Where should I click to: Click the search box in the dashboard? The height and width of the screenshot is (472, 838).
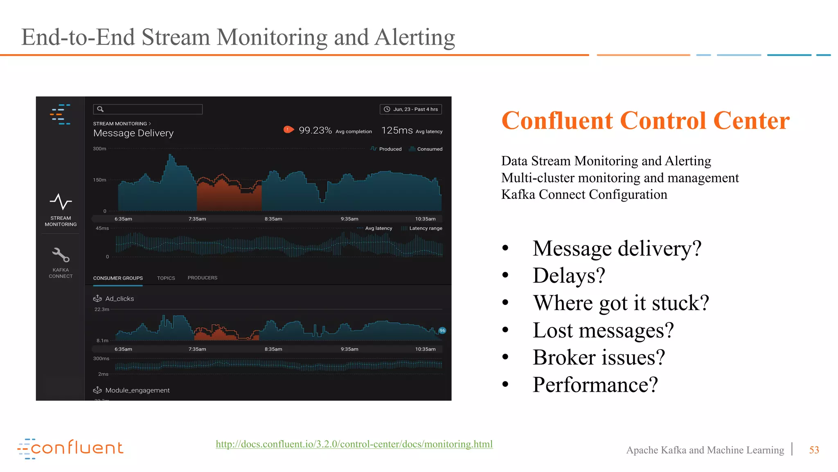click(x=148, y=109)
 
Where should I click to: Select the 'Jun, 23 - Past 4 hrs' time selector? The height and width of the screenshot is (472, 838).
click(x=411, y=109)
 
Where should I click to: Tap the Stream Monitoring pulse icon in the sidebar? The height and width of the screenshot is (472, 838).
click(x=61, y=202)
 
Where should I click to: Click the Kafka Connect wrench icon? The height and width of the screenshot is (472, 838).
click(x=61, y=255)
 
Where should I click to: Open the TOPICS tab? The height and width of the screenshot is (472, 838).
click(x=166, y=278)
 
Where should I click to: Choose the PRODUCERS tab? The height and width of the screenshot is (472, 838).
click(x=202, y=278)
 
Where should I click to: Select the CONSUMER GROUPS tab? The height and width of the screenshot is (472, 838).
click(x=118, y=278)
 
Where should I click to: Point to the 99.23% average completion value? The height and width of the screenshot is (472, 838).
click(x=315, y=130)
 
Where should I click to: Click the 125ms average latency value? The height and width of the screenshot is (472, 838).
click(x=397, y=130)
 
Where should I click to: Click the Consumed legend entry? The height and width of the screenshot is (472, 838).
click(x=429, y=149)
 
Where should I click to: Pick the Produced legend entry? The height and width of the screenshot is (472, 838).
click(x=390, y=149)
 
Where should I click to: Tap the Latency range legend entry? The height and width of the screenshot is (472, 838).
click(x=425, y=228)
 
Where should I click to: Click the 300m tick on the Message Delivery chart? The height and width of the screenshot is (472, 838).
click(x=99, y=149)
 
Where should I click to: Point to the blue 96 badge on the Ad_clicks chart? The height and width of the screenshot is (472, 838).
click(x=442, y=331)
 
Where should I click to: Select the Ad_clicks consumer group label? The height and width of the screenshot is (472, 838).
click(x=119, y=299)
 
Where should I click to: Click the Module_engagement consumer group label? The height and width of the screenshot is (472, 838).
click(x=137, y=390)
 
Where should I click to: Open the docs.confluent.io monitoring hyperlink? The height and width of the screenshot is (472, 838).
click(x=354, y=444)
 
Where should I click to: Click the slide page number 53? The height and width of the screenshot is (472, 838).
click(x=814, y=450)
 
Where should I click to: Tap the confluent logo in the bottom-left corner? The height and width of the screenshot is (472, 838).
click(x=70, y=448)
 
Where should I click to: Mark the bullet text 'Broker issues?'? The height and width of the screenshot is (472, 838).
click(x=599, y=357)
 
